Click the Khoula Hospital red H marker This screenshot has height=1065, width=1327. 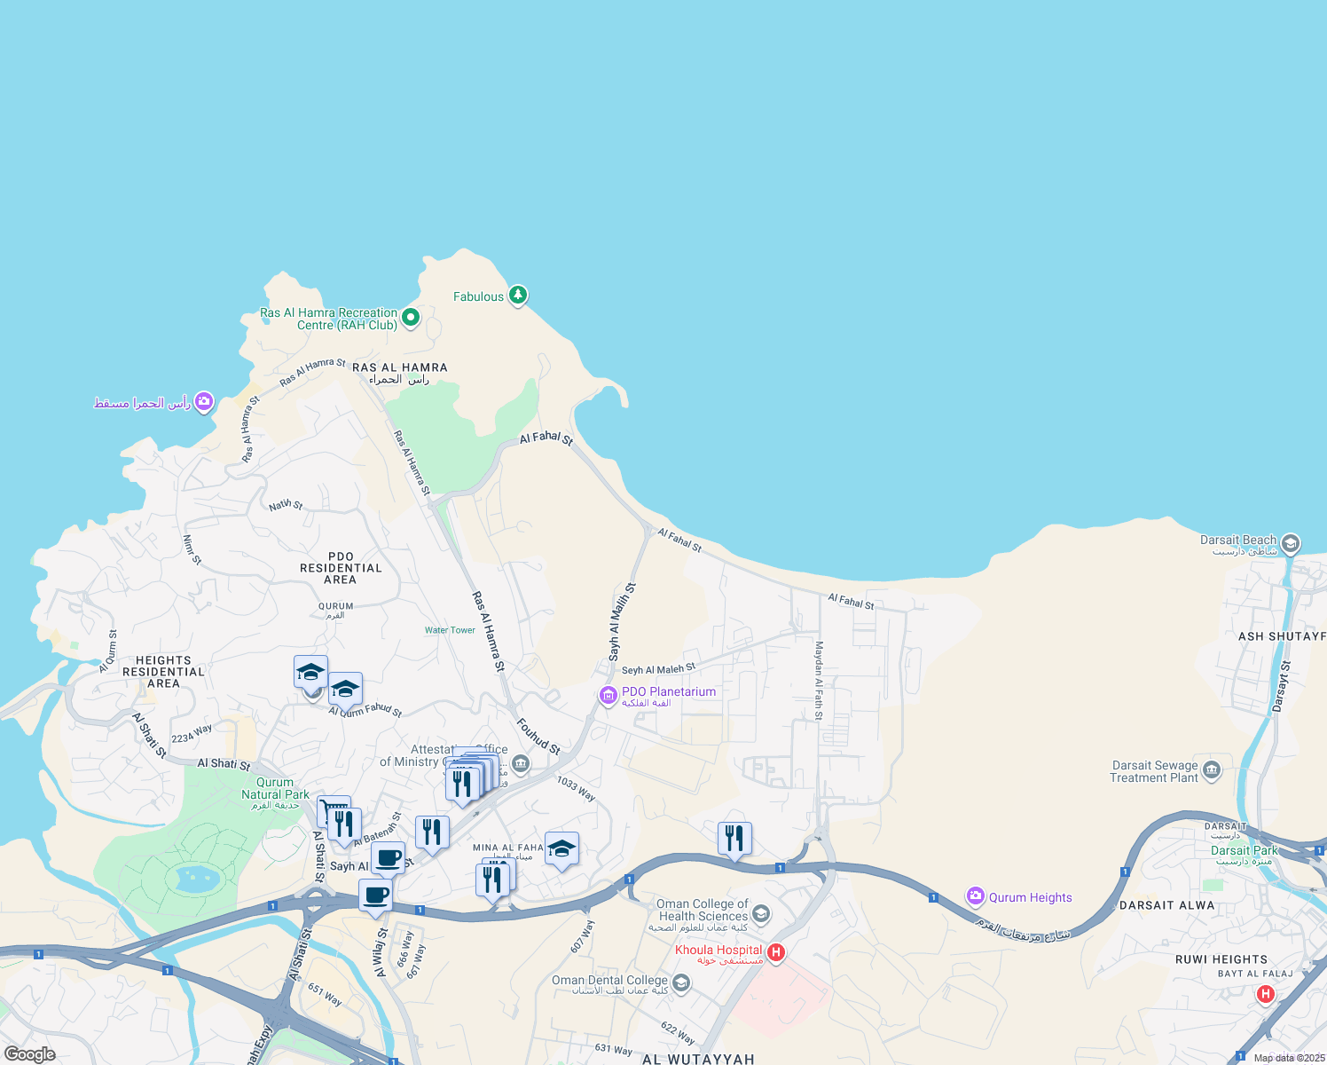click(x=776, y=953)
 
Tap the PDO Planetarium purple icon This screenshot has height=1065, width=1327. click(x=609, y=695)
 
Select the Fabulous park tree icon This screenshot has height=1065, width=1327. click(x=518, y=295)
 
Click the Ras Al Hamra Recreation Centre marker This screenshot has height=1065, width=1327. click(x=410, y=317)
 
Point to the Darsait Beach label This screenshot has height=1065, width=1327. click(x=1238, y=540)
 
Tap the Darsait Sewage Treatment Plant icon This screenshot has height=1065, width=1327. click(x=1213, y=769)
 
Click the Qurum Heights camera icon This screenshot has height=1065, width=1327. click(x=976, y=896)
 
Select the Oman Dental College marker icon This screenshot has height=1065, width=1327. click(x=681, y=982)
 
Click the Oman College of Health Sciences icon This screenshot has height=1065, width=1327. click(x=761, y=913)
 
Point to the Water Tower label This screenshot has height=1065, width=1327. click(x=450, y=630)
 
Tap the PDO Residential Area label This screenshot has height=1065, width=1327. click(x=341, y=568)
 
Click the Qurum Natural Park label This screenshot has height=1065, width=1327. click(x=275, y=789)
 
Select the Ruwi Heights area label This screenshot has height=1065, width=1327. click(x=1221, y=959)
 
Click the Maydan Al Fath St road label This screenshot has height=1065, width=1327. click(x=819, y=680)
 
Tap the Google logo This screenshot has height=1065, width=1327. click(x=29, y=1054)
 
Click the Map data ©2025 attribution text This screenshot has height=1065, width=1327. click(x=1289, y=1058)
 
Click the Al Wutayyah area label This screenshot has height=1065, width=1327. click(x=698, y=1059)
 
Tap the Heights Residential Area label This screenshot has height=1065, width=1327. click(x=163, y=672)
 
